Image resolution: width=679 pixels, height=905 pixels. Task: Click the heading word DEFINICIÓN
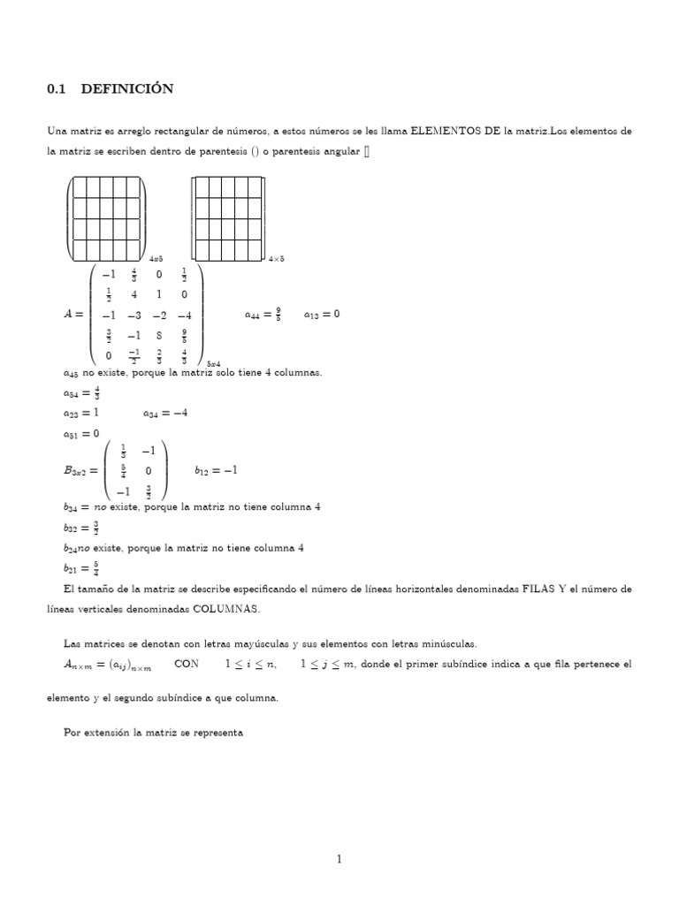127,89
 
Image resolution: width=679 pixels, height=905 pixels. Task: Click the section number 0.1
58,89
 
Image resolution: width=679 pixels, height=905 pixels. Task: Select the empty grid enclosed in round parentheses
106,216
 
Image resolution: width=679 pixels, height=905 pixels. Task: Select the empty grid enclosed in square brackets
228,216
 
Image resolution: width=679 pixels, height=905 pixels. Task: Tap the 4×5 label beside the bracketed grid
276,258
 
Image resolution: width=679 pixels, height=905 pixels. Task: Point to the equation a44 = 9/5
263,313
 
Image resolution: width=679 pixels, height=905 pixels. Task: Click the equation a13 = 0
321,313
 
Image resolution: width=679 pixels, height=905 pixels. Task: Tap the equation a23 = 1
80,413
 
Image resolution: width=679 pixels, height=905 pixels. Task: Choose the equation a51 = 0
80,433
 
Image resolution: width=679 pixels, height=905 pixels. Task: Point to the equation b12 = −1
216,470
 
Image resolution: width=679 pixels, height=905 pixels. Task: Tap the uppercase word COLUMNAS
225,609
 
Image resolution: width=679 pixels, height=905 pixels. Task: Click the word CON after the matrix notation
187,663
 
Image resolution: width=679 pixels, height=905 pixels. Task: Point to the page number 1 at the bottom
339,859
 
